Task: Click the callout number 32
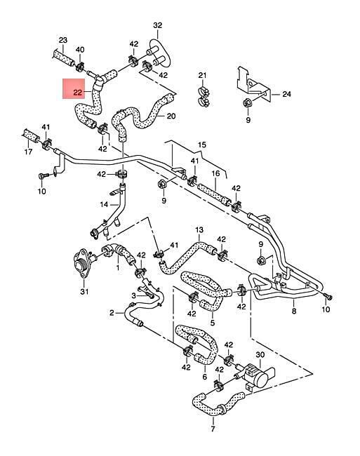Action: (x=157, y=25)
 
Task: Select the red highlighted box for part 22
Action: (x=74, y=88)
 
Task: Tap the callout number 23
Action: (x=63, y=40)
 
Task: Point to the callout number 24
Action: (x=287, y=94)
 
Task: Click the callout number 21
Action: (x=202, y=75)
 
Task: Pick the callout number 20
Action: (x=171, y=116)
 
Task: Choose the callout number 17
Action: (x=28, y=152)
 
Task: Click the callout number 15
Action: (x=202, y=145)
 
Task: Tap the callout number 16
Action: (x=215, y=173)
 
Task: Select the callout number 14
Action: (x=104, y=204)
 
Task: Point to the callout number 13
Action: (x=199, y=230)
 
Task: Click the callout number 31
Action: (x=84, y=291)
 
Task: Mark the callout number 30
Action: (x=260, y=355)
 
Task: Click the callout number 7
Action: (x=213, y=429)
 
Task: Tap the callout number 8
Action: (x=294, y=311)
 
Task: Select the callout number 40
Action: (x=80, y=49)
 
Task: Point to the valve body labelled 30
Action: (x=256, y=376)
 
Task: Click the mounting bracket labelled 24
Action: (x=253, y=84)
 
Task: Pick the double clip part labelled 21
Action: (x=203, y=96)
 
